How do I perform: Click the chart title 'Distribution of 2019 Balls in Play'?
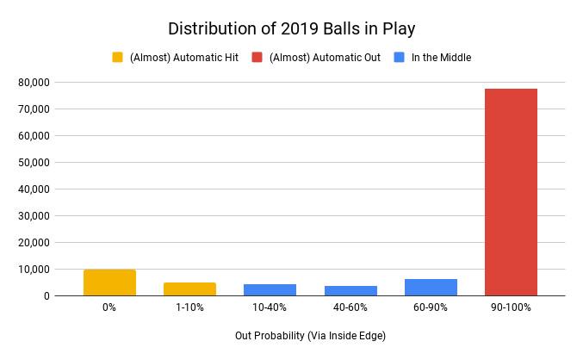[x=291, y=28]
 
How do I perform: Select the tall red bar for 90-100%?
[x=511, y=192]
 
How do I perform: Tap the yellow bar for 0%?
[x=109, y=282]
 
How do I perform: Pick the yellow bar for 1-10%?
[x=189, y=289]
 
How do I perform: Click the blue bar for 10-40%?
[x=270, y=290]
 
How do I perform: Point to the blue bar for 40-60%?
[x=350, y=291]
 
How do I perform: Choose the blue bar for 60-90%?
[x=431, y=288]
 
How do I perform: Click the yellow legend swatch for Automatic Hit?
[x=118, y=58]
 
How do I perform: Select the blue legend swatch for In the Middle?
[x=399, y=58]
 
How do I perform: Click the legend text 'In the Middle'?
[x=441, y=58]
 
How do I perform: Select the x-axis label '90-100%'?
[x=511, y=307]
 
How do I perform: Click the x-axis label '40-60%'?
[x=350, y=307]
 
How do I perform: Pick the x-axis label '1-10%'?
[x=189, y=307]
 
